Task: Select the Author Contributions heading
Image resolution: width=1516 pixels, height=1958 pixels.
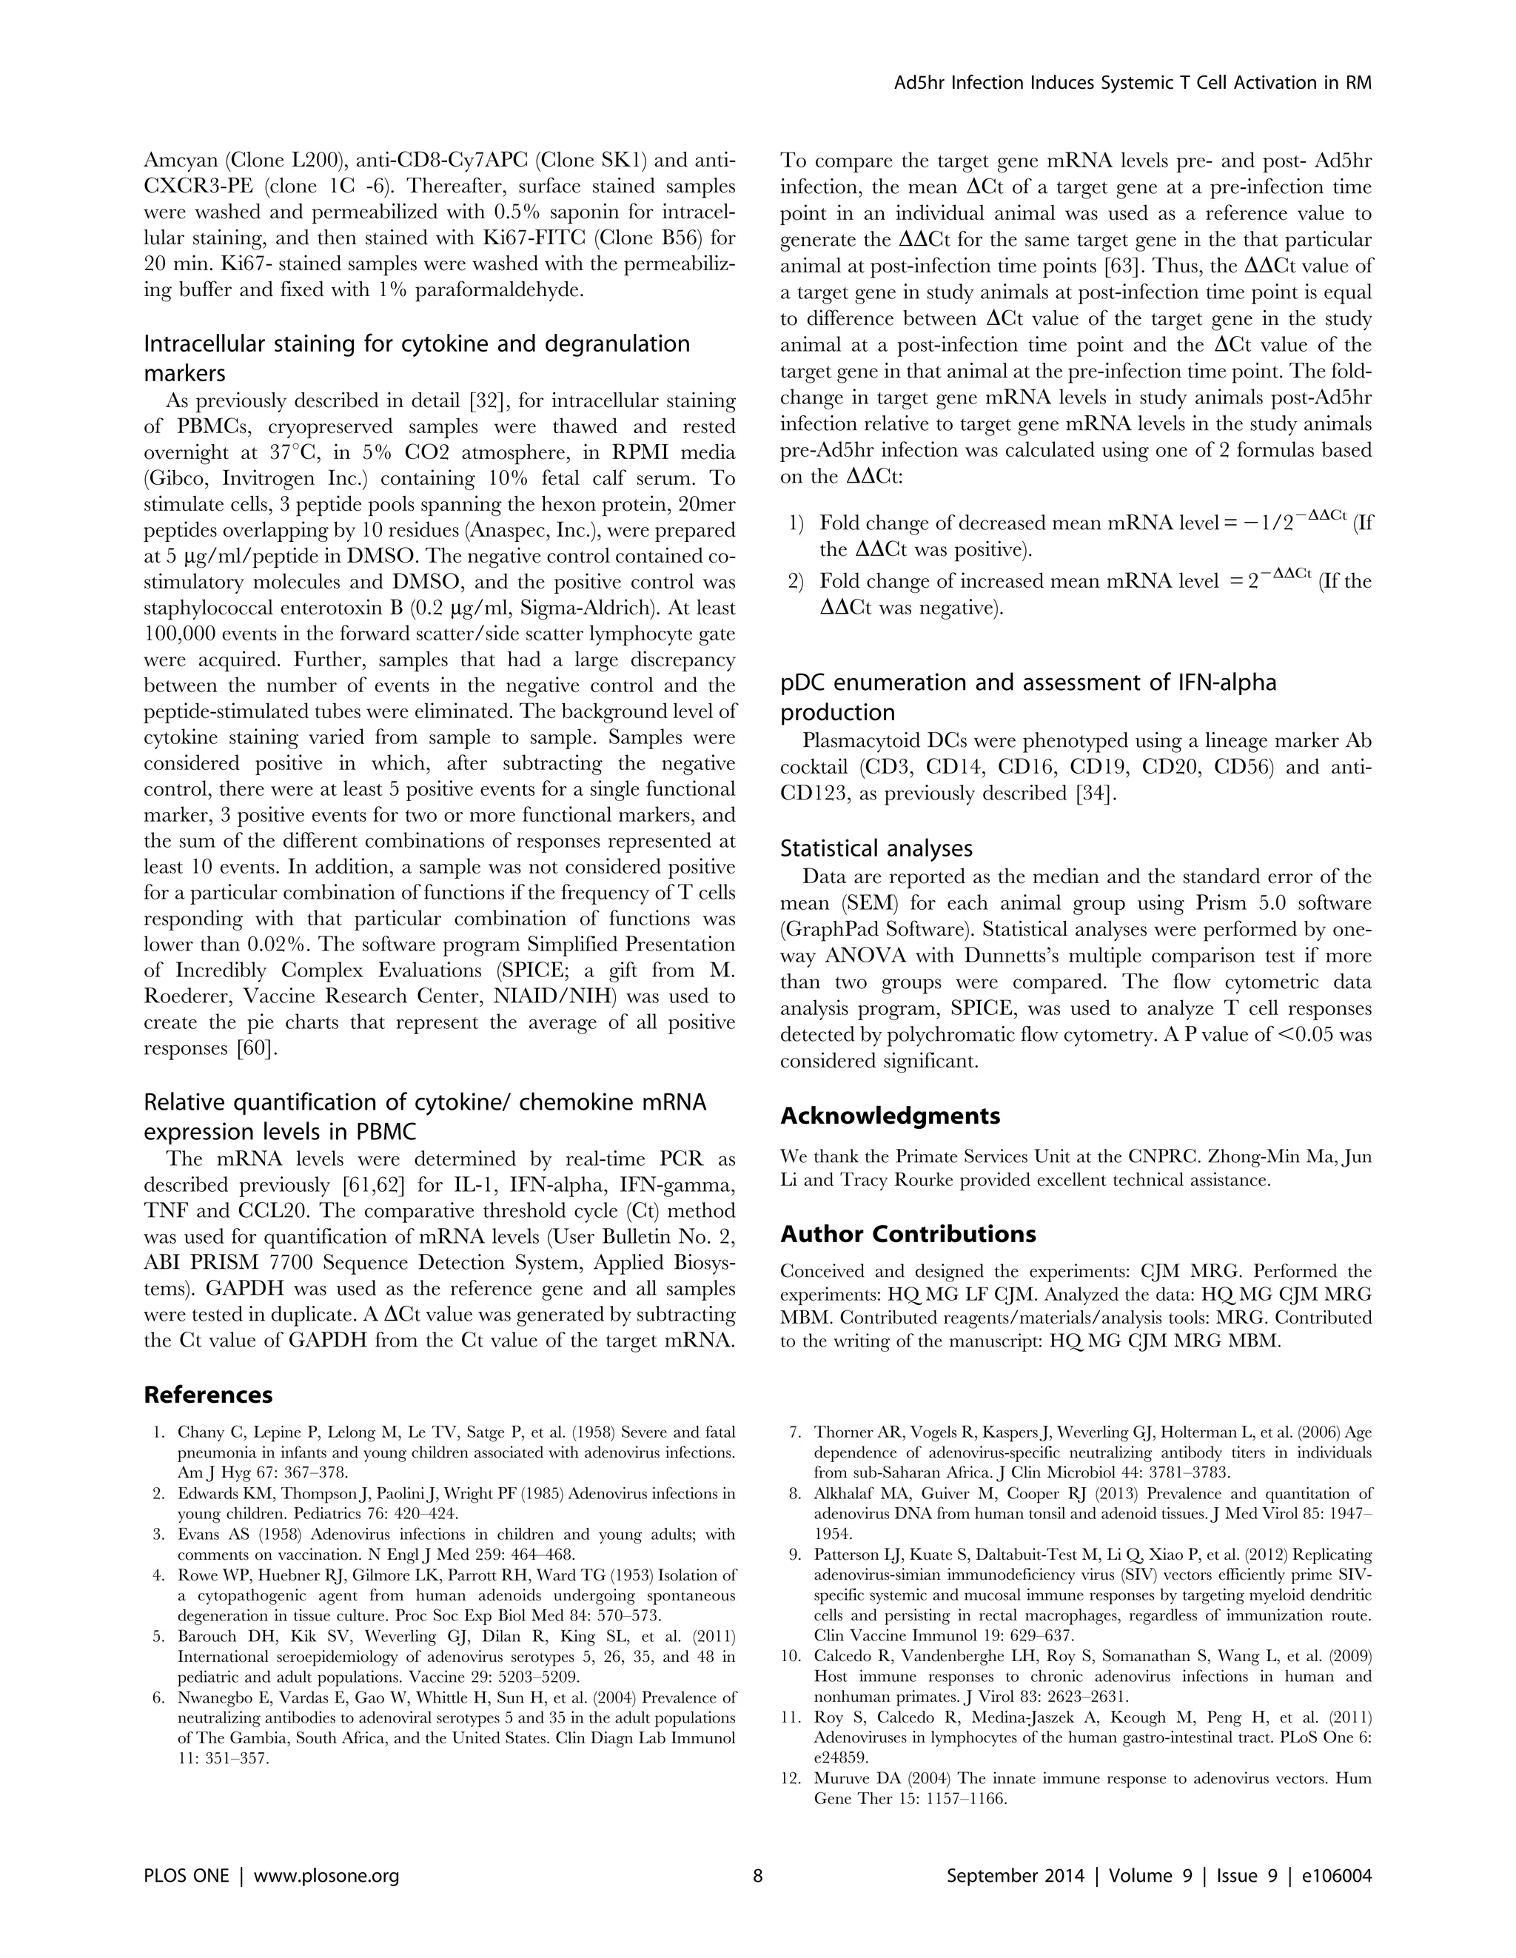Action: pos(908,1235)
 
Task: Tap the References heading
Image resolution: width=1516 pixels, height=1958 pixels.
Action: pos(208,1395)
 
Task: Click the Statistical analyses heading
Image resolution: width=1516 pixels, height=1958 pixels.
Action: pos(876,848)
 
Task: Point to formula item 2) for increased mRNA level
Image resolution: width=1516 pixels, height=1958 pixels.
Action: pos(795,582)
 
